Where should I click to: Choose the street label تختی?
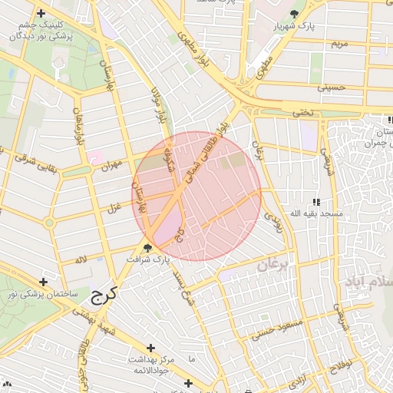tap(302, 113)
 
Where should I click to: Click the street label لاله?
tap(81, 261)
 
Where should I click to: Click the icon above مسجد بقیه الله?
tap(315, 201)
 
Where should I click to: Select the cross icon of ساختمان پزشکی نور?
tap(43, 283)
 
